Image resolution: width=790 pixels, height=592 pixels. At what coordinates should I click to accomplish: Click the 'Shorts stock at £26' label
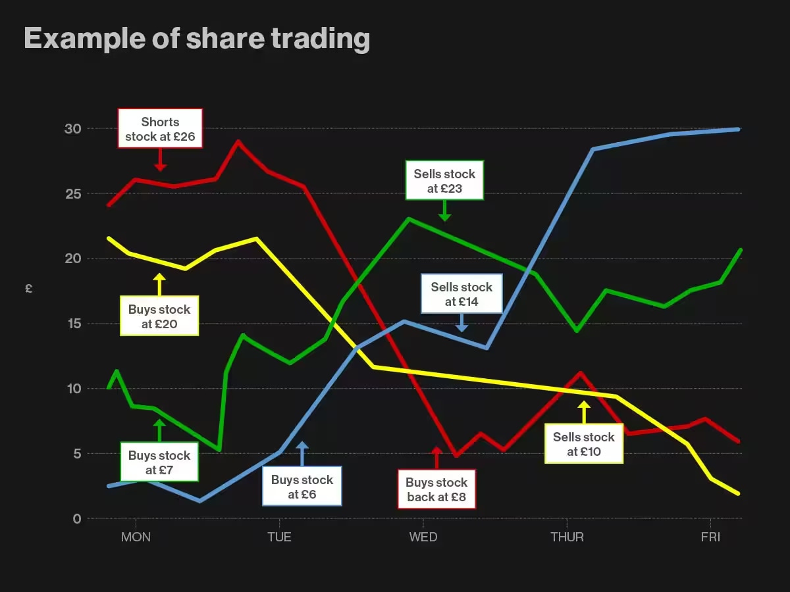click(x=160, y=129)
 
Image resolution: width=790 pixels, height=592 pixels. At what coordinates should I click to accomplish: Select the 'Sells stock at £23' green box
click(x=444, y=181)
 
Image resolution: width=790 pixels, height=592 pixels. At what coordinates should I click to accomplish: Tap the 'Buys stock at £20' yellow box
click(x=159, y=316)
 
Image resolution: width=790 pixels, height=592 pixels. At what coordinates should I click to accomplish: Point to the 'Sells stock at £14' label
click(x=461, y=294)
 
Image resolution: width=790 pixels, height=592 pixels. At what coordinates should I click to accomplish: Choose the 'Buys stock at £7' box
click(x=159, y=462)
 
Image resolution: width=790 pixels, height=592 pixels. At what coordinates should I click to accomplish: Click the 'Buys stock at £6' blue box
click(x=302, y=487)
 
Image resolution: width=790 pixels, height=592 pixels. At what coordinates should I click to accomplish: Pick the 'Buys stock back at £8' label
click(x=436, y=489)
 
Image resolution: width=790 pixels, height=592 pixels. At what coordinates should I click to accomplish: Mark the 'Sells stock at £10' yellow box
click(x=584, y=444)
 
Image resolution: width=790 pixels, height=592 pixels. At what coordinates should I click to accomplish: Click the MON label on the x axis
click(x=136, y=537)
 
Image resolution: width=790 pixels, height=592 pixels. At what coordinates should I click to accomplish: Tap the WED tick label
click(x=423, y=537)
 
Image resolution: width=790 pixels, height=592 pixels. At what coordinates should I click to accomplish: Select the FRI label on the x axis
click(x=710, y=537)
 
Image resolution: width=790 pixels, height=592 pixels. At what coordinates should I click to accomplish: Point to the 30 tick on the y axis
click(x=72, y=129)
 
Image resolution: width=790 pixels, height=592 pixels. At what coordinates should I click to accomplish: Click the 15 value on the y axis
click(x=72, y=324)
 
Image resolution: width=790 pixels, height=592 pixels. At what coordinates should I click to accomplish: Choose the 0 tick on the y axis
click(x=77, y=519)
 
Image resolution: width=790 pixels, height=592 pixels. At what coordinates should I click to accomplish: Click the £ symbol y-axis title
click(x=28, y=288)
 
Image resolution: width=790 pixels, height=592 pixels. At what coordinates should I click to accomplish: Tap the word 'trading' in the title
click(x=320, y=39)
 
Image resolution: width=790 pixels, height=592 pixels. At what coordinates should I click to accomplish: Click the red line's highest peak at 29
click(x=238, y=141)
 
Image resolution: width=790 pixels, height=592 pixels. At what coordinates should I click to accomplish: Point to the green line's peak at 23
click(x=409, y=218)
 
